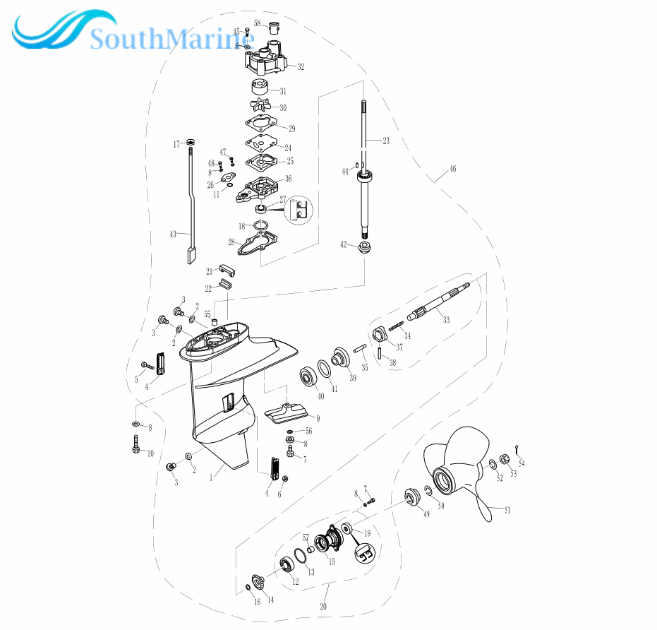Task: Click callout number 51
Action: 507,510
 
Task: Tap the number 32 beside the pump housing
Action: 301,66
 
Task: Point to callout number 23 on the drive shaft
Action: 386,141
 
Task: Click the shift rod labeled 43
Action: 191,204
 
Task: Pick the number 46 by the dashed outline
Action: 452,169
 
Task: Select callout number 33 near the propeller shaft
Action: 446,320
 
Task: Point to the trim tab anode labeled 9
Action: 287,412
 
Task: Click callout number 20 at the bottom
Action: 323,606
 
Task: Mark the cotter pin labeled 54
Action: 518,448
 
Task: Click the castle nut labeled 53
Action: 505,459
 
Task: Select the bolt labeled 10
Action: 136,444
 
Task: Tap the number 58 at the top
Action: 258,23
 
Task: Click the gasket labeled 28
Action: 258,244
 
